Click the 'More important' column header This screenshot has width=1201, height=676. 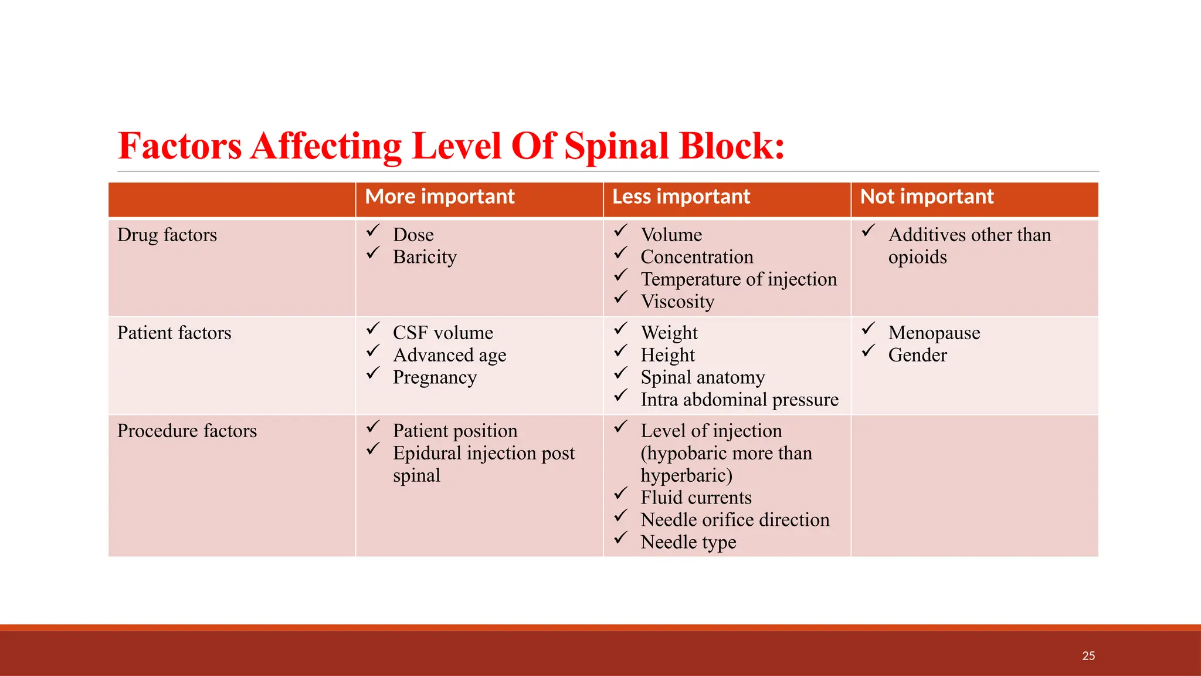439,197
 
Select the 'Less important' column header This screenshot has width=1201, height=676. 681,197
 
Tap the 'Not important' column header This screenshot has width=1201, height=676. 927,197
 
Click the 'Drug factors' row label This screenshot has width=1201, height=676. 167,235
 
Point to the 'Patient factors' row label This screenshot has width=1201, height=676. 174,333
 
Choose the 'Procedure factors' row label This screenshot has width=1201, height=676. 187,431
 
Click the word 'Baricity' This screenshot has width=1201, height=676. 425,257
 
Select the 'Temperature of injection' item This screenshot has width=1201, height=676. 738,279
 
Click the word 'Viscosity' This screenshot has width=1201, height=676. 677,302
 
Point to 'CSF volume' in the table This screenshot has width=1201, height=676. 443,333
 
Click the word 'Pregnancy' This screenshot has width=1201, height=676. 435,377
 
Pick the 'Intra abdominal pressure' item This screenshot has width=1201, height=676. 739,400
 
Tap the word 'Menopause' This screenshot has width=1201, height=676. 934,333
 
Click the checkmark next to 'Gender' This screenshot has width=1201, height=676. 868,351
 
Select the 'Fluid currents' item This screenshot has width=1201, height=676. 696,498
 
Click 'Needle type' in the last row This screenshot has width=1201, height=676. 688,542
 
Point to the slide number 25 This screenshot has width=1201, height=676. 1088,655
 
